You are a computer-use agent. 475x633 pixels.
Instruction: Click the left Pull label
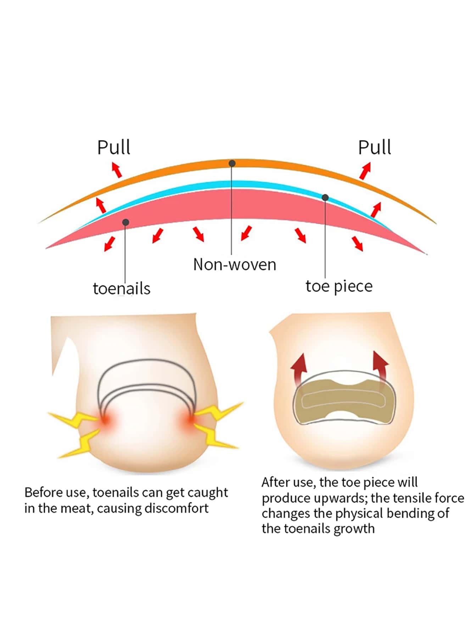[114, 148]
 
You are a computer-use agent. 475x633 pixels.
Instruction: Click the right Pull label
[374, 148]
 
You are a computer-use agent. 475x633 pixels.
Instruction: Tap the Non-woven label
[234, 265]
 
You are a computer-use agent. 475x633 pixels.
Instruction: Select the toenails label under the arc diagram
[122, 289]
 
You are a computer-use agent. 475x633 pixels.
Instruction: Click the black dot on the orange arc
[232, 163]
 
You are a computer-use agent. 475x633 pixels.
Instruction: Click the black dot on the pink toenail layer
[125, 222]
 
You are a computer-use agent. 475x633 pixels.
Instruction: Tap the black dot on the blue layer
[325, 198]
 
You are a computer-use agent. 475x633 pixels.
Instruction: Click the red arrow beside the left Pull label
[117, 170]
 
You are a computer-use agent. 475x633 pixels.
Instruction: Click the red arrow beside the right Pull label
[365, 171]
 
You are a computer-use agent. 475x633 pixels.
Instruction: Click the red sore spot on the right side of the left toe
[192, 420]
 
